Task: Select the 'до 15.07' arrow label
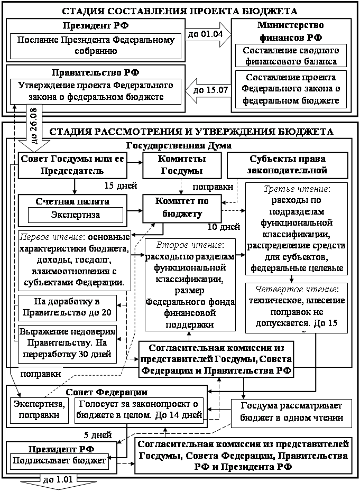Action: [x=211, y=90]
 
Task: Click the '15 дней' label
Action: [x=121, y=185]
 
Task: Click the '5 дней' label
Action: [x=97, y=435]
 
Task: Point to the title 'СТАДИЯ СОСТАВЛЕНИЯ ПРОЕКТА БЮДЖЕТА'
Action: [x=180, y=11]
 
